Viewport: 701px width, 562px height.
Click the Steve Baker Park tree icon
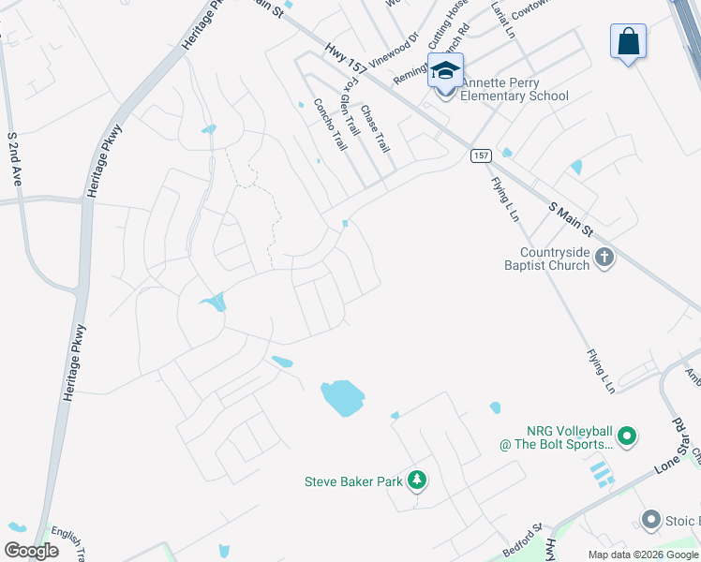click(417, 481)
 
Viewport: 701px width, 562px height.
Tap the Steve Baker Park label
click(353, 482)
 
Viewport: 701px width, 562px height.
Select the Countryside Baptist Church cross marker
click(604, 258)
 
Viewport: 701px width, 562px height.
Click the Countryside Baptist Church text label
click(555, 259)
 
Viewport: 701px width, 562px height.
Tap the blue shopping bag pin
click(628, 42)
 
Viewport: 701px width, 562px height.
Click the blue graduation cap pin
click(445, 70)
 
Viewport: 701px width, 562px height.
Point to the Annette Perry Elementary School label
click(512, 89)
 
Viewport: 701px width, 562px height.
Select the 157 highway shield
click(480, 155)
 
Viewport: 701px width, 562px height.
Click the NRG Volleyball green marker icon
click(627, 436)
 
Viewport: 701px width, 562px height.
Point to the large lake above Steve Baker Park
click(342, 398)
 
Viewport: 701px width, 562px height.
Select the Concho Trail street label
click(331, 125)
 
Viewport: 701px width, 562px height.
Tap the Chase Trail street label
click(375, 128)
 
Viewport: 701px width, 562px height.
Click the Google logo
click(31, 551)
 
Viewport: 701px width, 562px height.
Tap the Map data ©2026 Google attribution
click(643, 555)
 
